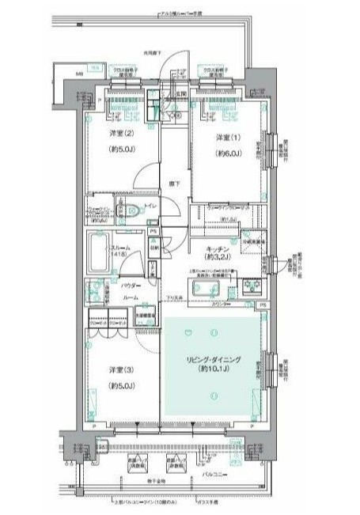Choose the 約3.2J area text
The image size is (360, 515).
218,258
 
